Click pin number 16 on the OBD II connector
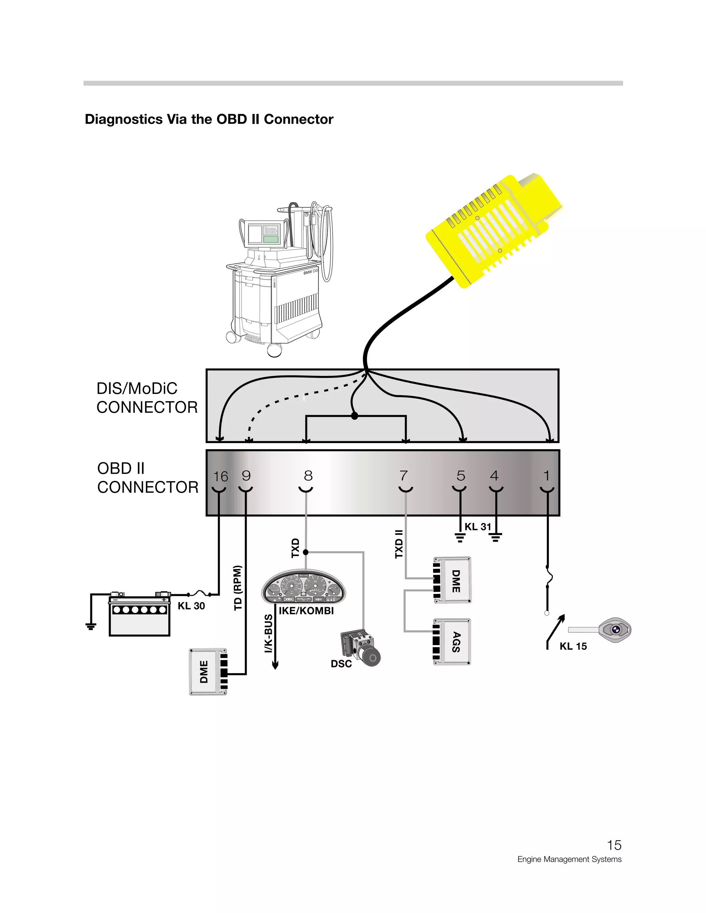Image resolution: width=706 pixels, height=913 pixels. click(x=220, y=476)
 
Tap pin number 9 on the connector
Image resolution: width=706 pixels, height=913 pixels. click(x=246, y=476)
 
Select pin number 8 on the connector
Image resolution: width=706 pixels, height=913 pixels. click(x=308, y=476)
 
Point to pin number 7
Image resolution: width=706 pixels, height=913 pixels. click(x=403, y=476)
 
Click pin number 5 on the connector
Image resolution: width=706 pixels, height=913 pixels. click(x=461, y=476)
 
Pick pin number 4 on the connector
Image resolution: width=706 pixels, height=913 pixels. click(x=494, y=476)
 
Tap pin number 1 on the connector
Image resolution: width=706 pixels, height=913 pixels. click(x=546, y=476)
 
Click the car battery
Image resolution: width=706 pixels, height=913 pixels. click(x=139, y=615)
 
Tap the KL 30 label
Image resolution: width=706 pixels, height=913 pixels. click(x=191, y=606)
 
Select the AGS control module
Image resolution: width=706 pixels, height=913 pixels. click(x=453, y=642)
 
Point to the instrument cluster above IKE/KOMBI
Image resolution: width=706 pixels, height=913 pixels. click(x=304, y=586)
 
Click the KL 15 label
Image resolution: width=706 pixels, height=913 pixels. click(x=573, y=646)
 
